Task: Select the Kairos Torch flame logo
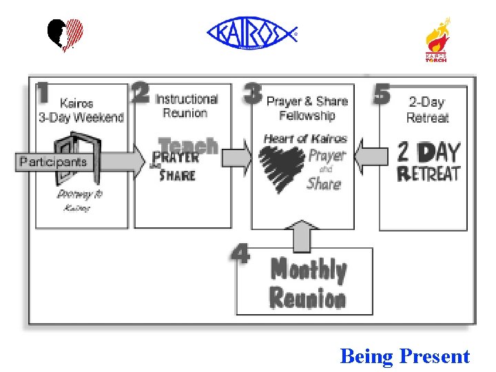(435, 39)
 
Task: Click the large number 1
(43, 92)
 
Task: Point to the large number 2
(141, 92)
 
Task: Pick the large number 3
(253, 94)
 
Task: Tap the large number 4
(240, 254)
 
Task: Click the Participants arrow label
(54, 162)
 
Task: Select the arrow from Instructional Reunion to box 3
(238, 157)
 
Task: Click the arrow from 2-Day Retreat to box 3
(372, 155)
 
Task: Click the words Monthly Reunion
(307, 282)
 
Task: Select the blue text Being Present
(404, 356)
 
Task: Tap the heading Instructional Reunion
(186, 105)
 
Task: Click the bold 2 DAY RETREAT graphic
(428, 162)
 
